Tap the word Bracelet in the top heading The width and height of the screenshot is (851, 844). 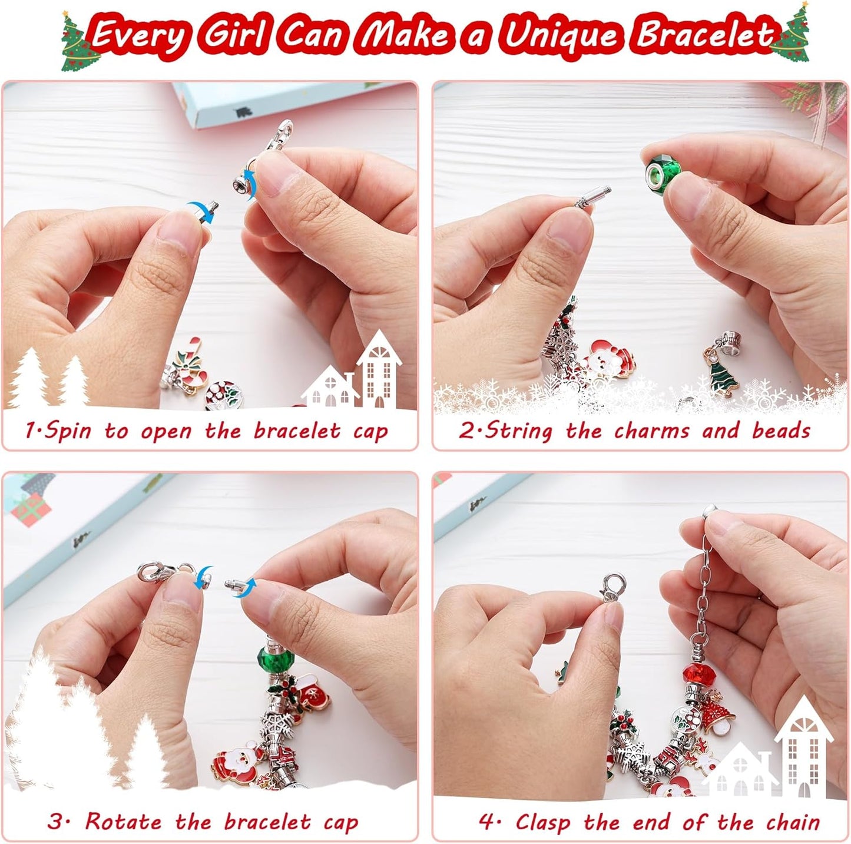tap(705, 35)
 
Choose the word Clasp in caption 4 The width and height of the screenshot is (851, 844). tap(543, 822)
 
